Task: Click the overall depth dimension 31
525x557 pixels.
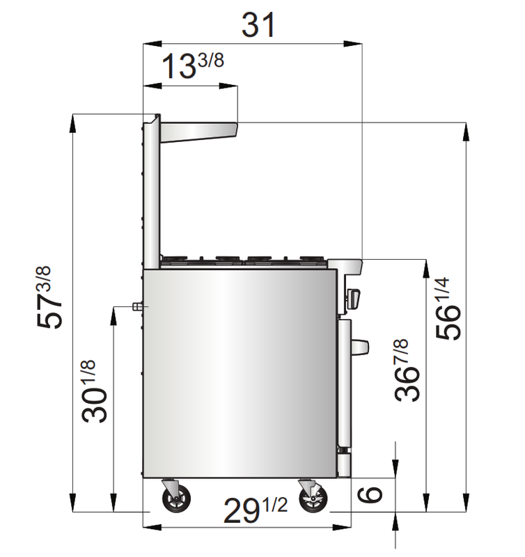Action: click(258, 24)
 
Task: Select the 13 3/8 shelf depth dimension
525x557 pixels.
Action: click(193, 65)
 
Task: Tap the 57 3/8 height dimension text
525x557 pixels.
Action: click(49, 297)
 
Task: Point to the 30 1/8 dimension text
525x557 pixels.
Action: click(93, 391)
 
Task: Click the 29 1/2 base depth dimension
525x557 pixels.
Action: click(256, 510)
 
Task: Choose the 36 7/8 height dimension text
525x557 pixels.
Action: click(407, 370)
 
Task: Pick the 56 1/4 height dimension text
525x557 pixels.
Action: click(448, 308)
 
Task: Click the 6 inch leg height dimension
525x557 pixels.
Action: click(370, 495)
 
